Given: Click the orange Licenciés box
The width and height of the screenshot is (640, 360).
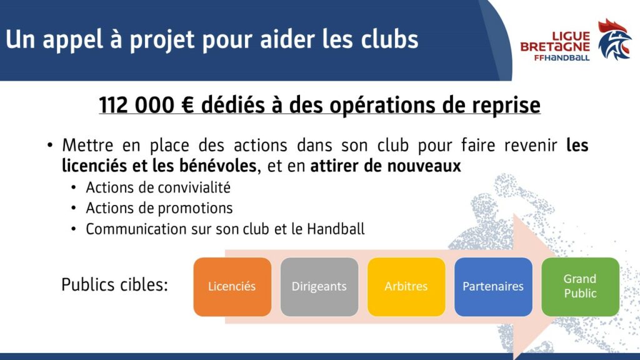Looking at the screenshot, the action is click(232, 286).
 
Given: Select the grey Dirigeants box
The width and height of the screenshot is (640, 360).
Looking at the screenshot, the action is click(319, 286).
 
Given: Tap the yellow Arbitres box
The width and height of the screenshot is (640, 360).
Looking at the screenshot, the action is click(406, 286).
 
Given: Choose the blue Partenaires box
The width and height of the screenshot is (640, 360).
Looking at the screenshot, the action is click(493, 286).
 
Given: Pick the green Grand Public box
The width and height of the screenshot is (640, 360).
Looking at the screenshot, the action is click(580, 286).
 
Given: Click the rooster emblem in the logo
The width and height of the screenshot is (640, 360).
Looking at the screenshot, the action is click(615, 39).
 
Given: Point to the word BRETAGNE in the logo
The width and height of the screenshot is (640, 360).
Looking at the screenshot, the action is click(555, 47).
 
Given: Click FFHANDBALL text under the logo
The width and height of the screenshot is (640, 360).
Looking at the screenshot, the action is click(562, 57).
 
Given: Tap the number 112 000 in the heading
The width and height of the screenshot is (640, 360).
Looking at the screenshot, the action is click(137, 105).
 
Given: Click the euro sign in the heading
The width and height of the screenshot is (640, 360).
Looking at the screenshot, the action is click(187, 105).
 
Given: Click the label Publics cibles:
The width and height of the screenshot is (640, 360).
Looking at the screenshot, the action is click(115, 284).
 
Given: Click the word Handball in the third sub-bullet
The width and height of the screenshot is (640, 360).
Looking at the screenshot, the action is click(336, 229).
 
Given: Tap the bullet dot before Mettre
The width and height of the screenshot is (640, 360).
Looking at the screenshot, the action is click(50, 145).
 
